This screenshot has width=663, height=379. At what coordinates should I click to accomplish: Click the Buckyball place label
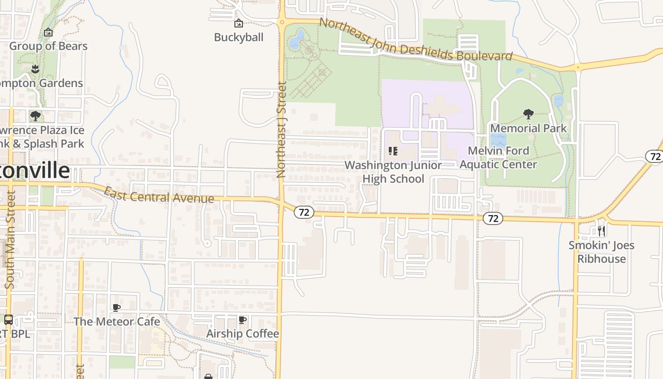pyautogui.click(x=238, y=37)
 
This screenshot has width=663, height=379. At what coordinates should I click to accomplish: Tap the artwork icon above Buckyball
pyautogui.click(x=238, y=23)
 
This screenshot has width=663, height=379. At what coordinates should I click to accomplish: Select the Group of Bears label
pyautogui.click(x=48, y=46)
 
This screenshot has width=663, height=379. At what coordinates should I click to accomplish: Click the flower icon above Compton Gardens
pyautogui.click(x=35, y=70)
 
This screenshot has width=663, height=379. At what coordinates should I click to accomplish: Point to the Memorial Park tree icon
pyautogui.click(x=528, y=114)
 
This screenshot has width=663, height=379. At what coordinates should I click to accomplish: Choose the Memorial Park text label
pyautogui.click(x=528, y=128)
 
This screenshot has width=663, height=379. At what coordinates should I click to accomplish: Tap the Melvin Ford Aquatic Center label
pyautogui.click(x=498, y=157)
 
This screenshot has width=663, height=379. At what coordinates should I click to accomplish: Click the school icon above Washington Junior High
pyautogui.click(x=393, y=151)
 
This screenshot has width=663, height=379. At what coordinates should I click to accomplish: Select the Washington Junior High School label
pyautogui.click(x=393, y=171)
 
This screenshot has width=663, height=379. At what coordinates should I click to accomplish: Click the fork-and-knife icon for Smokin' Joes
pyautogui.click(x=601, y=231)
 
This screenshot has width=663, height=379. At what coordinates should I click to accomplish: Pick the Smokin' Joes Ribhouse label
pyautogui.click(x=601, y=252)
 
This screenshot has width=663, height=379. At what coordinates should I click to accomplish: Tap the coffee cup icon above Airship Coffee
pyautogui.click(x=242, y=320)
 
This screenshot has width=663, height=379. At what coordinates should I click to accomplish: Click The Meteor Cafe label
pyautogui.click(x=116, y=321)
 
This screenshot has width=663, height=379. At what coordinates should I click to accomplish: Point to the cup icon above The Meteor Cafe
pyautogui.click(x=116, y=308)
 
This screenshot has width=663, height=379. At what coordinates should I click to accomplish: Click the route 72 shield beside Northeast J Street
pyautogui.click(x=304, y=212)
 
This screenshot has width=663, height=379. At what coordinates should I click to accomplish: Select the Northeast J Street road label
pyautogui.click(x=281, y=130)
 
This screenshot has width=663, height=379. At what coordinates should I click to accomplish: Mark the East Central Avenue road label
pyautogui.click(x=159, y=195)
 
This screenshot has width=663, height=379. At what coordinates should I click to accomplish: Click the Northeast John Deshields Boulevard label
pyautogui.click(x=415, y=40)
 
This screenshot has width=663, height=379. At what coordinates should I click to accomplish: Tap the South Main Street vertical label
pyautogui.click(x=10, y=239)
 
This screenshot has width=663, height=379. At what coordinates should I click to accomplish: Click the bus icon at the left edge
pyautogui.click(x=8, y=320)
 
